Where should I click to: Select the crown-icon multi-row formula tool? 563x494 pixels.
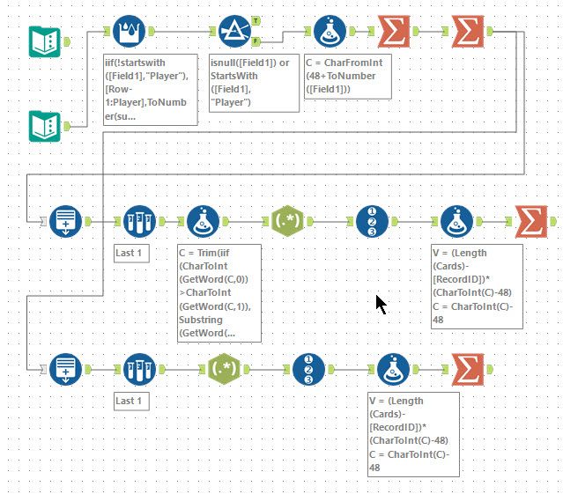point(130,33)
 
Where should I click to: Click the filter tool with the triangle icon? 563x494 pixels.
point(234,33)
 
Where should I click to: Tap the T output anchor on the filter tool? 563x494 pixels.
point(256,20)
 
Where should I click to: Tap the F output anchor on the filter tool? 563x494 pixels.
point(256,40)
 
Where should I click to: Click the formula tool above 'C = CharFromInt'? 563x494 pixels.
point(330,33)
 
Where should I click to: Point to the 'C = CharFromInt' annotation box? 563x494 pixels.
point(347,77)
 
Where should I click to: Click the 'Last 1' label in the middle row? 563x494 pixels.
point(132,254)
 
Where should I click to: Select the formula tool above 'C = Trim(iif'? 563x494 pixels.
point(204,221)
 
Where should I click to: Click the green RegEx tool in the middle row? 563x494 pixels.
point(289,221)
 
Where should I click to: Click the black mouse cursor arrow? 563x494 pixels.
point(381,305)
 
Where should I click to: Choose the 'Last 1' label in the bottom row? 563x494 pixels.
point(132,402)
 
